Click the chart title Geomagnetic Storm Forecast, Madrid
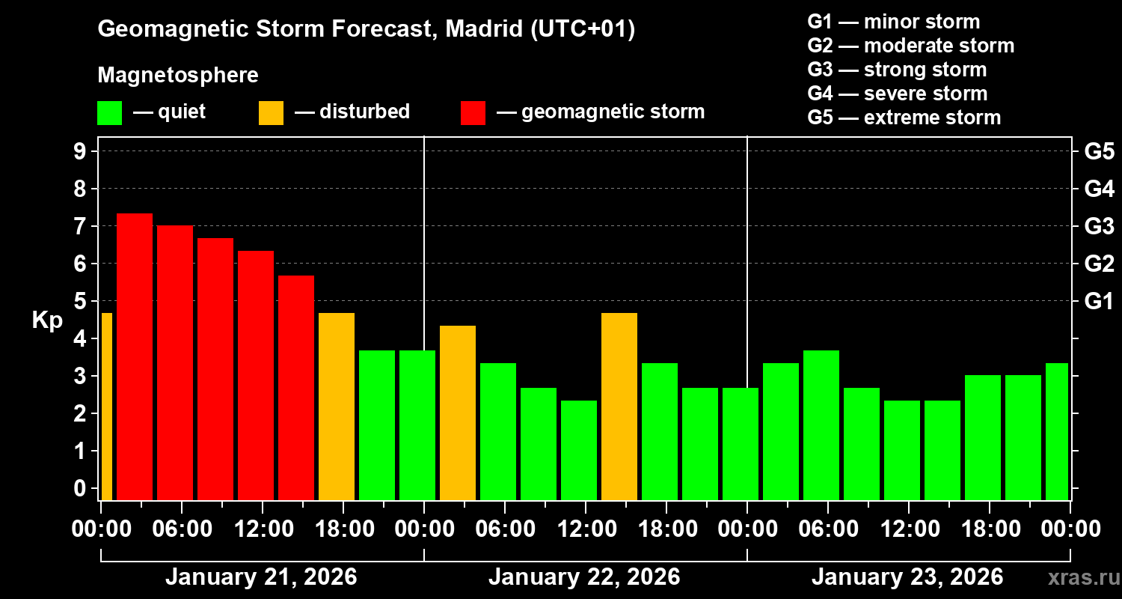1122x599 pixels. (x=366, y=30)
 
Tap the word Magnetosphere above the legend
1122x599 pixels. (x=178, y=76)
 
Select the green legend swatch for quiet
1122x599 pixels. (x=109, y=112)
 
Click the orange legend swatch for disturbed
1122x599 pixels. (x=271, y=112)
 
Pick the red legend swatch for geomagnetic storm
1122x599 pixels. (x=473, y=112)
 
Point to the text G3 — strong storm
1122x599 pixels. (x=897, y=70)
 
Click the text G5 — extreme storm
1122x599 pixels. (x=904, y=118)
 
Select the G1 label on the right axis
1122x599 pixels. (x=1099, y=302)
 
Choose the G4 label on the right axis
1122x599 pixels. (x=1099, y=189)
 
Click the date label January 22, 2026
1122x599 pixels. (x=584, y=577)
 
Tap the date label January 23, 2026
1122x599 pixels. (x=907, y=577)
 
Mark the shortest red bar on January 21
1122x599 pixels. (x=296, y=387)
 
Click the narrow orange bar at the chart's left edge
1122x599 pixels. (x=106, y=406)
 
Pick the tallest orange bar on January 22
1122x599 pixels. (x=619, y=406)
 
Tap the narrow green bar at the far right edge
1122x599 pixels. (x=1056, y=431)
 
